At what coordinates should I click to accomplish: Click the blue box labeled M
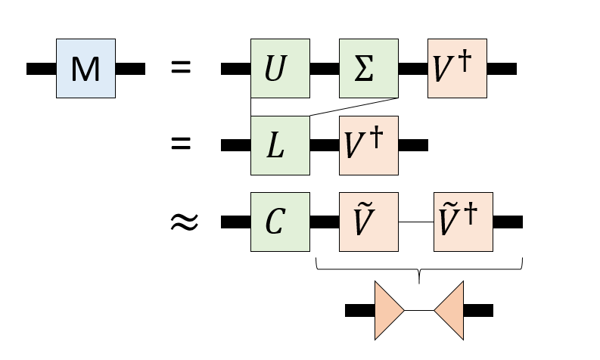(x=85, y=69)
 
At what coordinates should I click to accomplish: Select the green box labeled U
(x=280, y=69)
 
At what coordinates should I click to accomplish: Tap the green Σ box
(x=368, y=69)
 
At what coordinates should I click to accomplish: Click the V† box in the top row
(x=457, y=69)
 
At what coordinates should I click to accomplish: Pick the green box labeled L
(x=280, y=145)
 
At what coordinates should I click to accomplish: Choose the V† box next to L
(x=368, y=145)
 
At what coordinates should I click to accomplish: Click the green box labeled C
(x=280, y=222)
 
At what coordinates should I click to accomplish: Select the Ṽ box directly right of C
(x=368, y=222)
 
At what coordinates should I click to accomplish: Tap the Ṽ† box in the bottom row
(x=463, y=222)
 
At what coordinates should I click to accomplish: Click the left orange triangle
(x=388, y=310)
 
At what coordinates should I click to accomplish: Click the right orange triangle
(x=449, y=310)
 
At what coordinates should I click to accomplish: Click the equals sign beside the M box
(x=181, y=68)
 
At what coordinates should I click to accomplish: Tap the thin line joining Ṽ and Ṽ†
(x=415, y=222)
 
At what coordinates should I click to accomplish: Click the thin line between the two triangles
(x=419, y=310)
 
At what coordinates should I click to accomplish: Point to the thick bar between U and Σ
(x=324, y=69)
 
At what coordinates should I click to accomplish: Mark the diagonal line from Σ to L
(x=354, y=107)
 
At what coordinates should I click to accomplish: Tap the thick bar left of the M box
(x=41, y=69)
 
